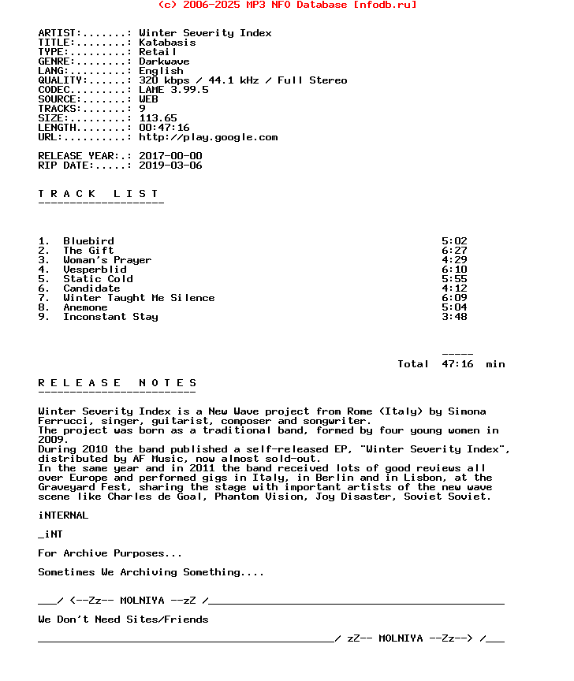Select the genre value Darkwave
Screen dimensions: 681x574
164,61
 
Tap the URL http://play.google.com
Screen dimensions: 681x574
208,137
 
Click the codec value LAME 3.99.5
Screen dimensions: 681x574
173,90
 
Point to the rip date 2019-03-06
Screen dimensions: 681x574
170,166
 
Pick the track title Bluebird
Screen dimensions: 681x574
88,241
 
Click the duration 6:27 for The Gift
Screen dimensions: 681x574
454,251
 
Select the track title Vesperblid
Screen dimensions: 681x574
95,270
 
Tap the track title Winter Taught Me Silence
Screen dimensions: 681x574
139,298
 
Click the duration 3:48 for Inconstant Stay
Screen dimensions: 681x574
454,317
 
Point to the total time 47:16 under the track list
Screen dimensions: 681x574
457,364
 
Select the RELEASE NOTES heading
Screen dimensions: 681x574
117,383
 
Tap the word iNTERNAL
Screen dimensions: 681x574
63,515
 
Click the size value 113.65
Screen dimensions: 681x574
158,118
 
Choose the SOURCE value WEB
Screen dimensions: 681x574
148,99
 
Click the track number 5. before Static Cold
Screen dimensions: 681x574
44,279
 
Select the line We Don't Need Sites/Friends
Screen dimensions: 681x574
123,620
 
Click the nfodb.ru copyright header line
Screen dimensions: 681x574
287,5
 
